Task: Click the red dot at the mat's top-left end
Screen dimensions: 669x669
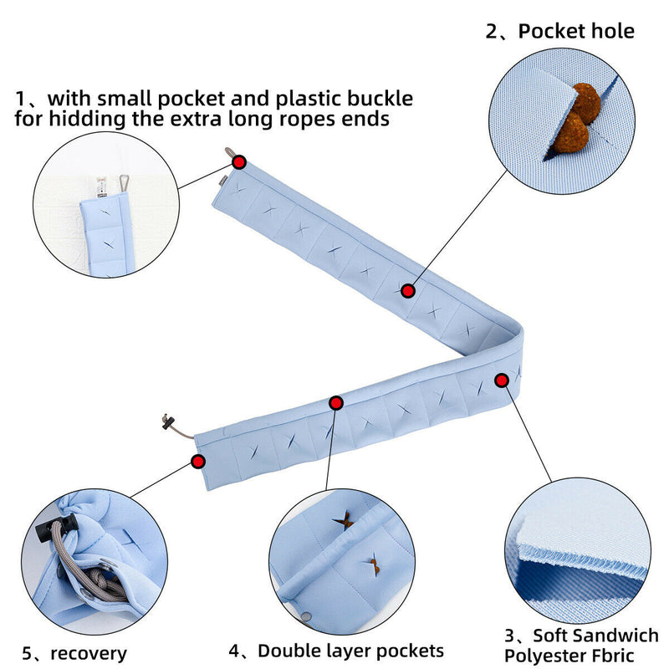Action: [x=240, y=161]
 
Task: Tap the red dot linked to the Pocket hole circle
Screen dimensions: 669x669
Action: [x=408, y=291]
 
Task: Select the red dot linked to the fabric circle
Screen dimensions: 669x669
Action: [x=502, y=380]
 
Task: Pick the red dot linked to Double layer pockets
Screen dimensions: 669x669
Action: [x=336, y=403]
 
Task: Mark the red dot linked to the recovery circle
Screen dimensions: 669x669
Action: [x=199, y=461]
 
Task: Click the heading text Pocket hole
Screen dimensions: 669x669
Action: [x=576, y=32]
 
